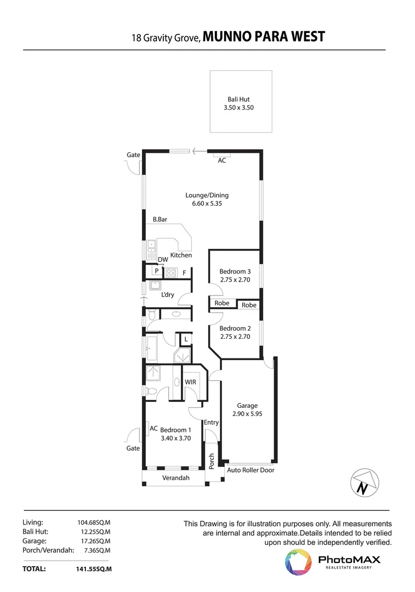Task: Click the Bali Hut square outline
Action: click(x=241, y=101)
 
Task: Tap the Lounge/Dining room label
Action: click(x=207, y=195)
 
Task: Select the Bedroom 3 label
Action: click(x=235, y=271)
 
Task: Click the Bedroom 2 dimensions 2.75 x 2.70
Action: click(x=235, y=337)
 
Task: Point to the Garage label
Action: click(x=247, y=406)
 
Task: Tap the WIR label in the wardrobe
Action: click(x=190, y=382)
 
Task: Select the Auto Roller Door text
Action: click(x=251, y=470)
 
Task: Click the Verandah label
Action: click(x=175, y=478)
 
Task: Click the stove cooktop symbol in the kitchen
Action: click(x=171, y=272)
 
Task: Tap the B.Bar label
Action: click(x=160, y=219)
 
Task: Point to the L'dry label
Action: click(x=167, y=295)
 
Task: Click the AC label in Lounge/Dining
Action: click(x=222, y=161)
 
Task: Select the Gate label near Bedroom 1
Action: click(x=133, y=448)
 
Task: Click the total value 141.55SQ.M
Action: click(x=94, y=570)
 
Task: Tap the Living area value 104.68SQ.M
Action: click(x=94, y=522)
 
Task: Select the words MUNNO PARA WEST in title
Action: click(x=264, y=37)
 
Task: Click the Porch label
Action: click(x=212, y=460)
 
